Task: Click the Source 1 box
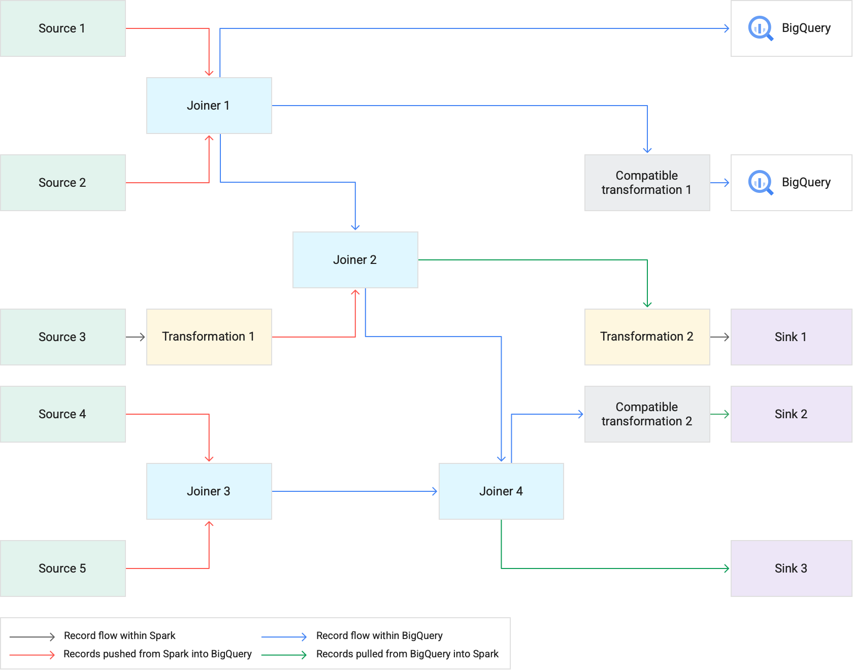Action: click(x=62, y=28)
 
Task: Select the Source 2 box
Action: click(x=62, y=183)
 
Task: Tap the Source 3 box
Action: click(x=62, y=337)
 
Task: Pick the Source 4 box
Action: click(x=62, y=414)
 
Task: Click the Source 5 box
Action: click(x=62, y=568)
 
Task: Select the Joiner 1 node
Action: click(x=208, y=106)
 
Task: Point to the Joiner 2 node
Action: click(x=354, y=260)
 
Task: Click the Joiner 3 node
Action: click(x=208, y=491)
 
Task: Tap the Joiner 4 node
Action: click(x=501, y=491)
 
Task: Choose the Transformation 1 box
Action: click(x=208, y=337)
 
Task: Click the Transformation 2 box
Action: click(x=646, y=337)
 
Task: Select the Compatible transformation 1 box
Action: click(x=646, y=183)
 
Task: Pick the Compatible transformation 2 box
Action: click(x=646, y=414)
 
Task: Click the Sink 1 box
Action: click(x=791, y=337)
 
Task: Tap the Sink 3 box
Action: click(x=791, y=568)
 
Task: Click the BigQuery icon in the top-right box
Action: click(x=760, y=28)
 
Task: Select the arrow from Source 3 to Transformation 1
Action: click(x=136, y=337)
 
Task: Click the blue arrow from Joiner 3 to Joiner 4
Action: click(x=355, y=491)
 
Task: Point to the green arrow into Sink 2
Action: click(x=720, y=414)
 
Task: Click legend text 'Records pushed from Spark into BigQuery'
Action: click(x=157, y=654)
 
